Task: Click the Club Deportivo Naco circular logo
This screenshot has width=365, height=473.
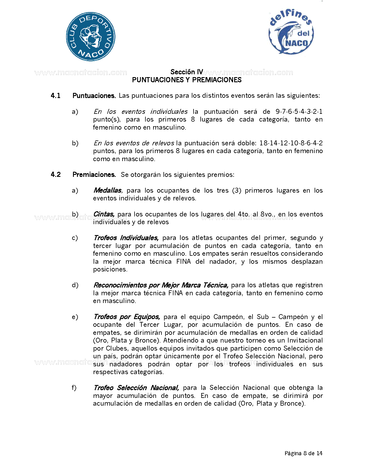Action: [x=90, y=36]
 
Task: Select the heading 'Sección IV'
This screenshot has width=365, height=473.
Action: [x=187, y=72]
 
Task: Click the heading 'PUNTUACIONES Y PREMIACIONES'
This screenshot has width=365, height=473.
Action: [x=187, y=80]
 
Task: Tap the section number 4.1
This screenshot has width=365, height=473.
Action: [x=56, y=96]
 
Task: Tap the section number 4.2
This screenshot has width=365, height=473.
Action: [x=56, y=175]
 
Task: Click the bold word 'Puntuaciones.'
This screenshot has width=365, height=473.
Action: [x=94, y=96]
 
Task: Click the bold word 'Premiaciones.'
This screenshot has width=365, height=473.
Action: [x=94, y=175]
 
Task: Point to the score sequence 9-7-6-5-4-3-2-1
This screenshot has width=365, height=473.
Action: [x=299, y=112]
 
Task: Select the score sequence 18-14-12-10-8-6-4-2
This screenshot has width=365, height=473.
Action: [x=291, y=143]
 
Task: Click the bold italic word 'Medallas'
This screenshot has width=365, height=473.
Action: [x=108, y=190]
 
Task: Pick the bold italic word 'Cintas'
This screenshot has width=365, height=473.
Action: [x=104, y=214]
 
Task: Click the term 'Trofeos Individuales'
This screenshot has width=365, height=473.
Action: [x=126, y=238]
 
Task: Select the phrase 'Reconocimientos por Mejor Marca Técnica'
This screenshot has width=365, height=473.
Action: [x=161, y=285]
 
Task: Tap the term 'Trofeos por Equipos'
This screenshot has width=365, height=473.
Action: [x=127, y=317]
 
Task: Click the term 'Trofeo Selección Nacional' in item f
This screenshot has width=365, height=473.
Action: [x=136, y=388]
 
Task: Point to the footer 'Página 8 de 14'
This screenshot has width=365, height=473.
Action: [x=303, y=453]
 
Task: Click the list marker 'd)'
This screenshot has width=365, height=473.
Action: [x=75, y=285]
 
